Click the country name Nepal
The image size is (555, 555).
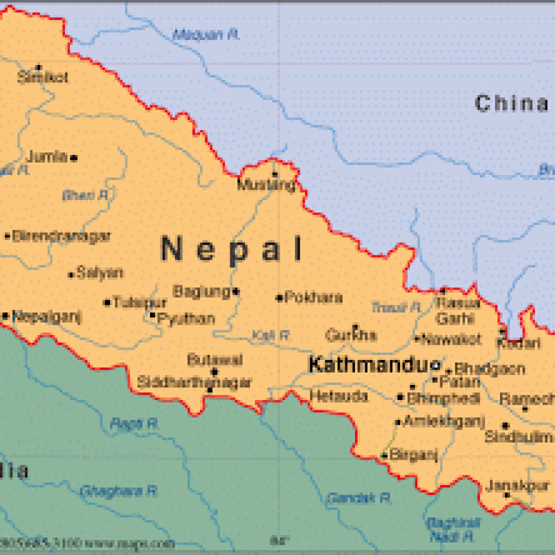[x=232, y=250]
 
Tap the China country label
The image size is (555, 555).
[x=512, y=103]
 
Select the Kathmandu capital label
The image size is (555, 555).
[x=369, y=365]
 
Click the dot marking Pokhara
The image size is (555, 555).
[x=280, y=298]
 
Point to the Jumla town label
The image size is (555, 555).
[x=47, y=157]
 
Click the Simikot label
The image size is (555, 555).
[x=43, y=78]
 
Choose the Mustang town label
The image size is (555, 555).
[x=267, y=185]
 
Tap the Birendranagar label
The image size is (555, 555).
[x=61, y=236]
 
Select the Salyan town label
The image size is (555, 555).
[x=100, y=272]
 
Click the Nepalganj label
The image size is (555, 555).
[x=47, y=316]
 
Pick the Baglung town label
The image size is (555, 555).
[x=202, y=292]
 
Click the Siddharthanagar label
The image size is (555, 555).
[x=194, y=382]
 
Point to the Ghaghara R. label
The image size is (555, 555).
[x=119, y=491]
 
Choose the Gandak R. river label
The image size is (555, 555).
[x=359, y=497]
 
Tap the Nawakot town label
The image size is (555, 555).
[x=451, y=340]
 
